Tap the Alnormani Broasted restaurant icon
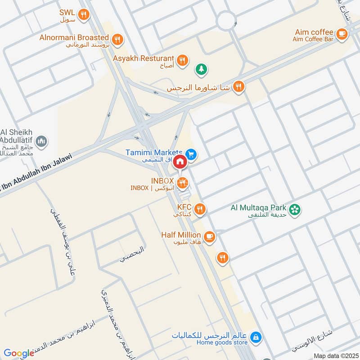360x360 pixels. tap(117, 40)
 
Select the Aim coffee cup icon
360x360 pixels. tap(342, 33)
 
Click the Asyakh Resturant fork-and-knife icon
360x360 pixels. tap(182, 60)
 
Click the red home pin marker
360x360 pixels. tap(180, 162)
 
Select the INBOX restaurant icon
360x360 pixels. tap(182, 183)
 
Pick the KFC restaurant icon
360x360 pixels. tap(201, 209)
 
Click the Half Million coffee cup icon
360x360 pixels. tap(209, 236)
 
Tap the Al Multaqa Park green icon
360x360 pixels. tap(295, 210)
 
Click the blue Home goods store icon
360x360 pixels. tap(256, 337)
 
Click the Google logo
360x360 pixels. tap(19, 353)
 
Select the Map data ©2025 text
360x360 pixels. tap(335, 356)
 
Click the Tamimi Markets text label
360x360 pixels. tap(160, 152)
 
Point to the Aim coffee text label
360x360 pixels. tap(314, 32)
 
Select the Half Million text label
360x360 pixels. tap(181, 234)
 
